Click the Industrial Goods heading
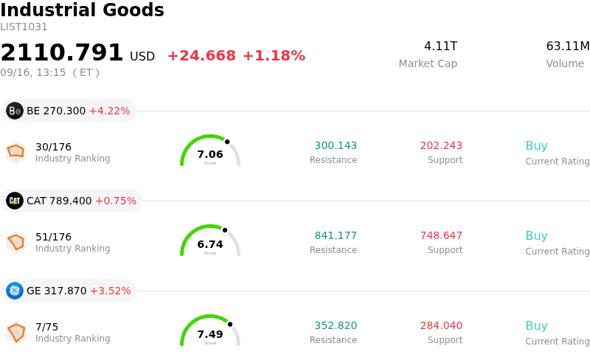click(x=82, y=10)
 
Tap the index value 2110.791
click(x=61, y=52)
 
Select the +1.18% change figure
click(x=274, y=56)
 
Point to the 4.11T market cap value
click(x=440, y=46)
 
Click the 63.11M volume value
click(x=568, y=46)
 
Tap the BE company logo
click(x=15, y=111)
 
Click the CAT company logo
click(x=15, y=201)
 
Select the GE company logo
click(x=15, y=291)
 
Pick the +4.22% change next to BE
click(x=109, y=111)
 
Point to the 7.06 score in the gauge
click(x=210, y=154)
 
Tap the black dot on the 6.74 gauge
click(x=225, y=230)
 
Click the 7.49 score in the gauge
click(x=210, y=334)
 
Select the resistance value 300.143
click(x=336, y=145)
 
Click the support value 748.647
click(x=441, y=235)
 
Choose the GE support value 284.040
click(x=441, y=325)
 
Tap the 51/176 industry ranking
click(x=53, y=237)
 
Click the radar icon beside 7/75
click(x=16, y=333)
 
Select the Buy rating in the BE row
click(x=537, y=145)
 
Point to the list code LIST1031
click(x=24, y=27)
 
